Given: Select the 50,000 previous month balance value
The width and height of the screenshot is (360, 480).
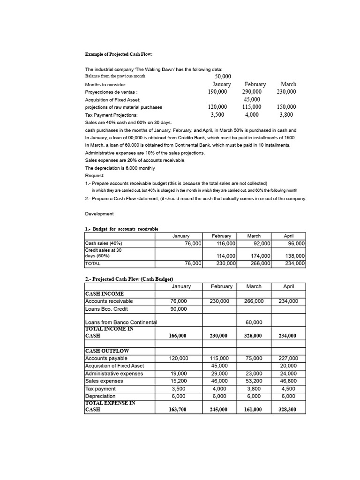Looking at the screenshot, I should [223, 76].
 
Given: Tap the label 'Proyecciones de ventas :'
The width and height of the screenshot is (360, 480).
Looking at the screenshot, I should [111, 92].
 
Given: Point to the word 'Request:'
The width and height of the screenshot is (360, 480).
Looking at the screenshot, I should [95, 175].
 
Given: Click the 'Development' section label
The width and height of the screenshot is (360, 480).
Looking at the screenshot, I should [99, 214].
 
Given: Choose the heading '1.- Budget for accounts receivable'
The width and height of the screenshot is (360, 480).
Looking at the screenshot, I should [121, 229].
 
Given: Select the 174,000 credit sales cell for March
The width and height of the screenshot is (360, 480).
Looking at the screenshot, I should [262, 256].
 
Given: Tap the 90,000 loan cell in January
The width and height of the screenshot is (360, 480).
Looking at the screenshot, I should [179, 309].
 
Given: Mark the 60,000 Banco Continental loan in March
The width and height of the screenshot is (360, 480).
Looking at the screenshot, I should [254, 322].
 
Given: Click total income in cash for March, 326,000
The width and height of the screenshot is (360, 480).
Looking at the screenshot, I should [254, 336].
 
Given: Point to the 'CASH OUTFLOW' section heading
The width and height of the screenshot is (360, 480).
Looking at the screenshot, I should [107, 351].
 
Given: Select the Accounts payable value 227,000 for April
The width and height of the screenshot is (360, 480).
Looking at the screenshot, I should [288, 358].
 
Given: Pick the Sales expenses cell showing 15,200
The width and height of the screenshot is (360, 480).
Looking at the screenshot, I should [179, 381].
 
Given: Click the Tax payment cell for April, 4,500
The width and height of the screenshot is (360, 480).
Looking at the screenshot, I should [288, 389].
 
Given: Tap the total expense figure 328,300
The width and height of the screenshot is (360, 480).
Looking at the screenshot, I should [288, 409].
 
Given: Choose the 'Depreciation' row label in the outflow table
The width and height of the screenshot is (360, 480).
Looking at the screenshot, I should [100, 396].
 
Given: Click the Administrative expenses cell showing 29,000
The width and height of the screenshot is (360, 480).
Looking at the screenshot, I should [219, 374].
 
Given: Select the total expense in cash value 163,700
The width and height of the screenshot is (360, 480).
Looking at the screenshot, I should [179, 409].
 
